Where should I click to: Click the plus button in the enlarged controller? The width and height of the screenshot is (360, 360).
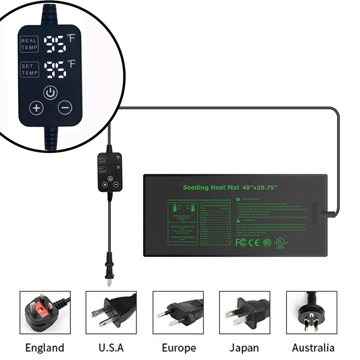click(36, 108)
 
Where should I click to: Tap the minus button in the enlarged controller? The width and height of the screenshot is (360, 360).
click(65, 108)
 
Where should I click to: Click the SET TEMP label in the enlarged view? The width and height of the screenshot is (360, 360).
click(29, 70)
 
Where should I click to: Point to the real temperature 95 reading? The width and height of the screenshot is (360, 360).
click(55, 45)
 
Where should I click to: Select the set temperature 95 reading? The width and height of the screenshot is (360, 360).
click(55, 70)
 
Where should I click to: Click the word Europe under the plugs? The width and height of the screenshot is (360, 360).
click(179, 347)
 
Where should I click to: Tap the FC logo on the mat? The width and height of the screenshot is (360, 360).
click(241, 243)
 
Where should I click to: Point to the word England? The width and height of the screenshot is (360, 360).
click(45, 347)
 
